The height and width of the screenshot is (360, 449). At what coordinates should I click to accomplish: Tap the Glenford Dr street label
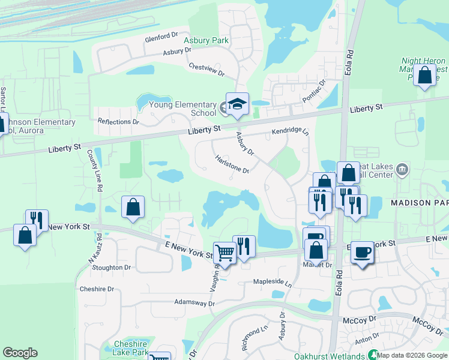pyautogui.click(x=162, y=39)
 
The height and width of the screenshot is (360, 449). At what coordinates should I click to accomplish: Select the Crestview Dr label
pyautogui.click(x=206, y=70)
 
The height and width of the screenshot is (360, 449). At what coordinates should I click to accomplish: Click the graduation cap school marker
pyautogui.click(x=237, y=104)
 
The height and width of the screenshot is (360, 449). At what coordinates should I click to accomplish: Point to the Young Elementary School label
pyautogui.click(x=186, y=109)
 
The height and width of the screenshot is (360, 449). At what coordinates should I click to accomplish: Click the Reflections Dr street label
pyautogui.click(x=118, y=122)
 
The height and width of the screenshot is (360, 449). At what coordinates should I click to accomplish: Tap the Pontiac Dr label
pyautogui.click(x=314, y=90)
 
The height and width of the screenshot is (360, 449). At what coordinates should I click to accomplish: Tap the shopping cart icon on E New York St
pyautogui.click(x=224, y=254)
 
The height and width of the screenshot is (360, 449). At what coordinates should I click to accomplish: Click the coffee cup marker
pyautogui.click(x=363, y=253)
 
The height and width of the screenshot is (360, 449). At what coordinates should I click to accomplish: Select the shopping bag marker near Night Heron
pyautogui.click(x=424, y=76)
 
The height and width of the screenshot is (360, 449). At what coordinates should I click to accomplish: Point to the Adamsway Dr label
pyautogui.click(x=194, y=304)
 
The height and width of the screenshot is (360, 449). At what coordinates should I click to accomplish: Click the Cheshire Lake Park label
pyautogui.click(x=131, y=348)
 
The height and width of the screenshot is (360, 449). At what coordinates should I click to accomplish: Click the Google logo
pyautogui.click(x=20, y=353)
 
